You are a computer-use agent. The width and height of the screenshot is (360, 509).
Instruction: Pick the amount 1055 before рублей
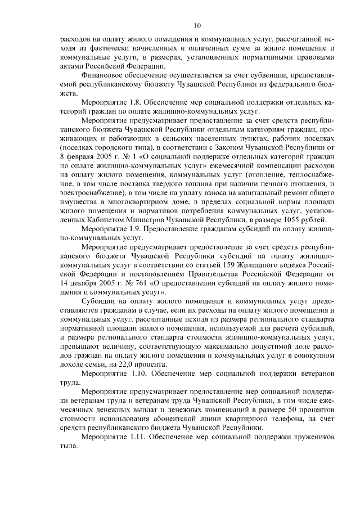point(289,219)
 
